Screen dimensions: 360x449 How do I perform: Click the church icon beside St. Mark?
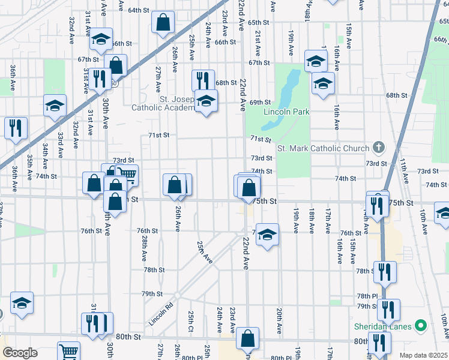(x=378, y=147)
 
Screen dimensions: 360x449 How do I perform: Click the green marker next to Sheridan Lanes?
(x=421, y=326)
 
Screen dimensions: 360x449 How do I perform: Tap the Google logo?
(x=19, y=353)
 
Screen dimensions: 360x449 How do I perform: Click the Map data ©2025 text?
(x=424, y=355)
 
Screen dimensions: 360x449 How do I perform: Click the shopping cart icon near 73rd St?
(x=127, y=176)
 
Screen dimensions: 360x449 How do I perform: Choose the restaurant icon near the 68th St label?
(x=203, y=80)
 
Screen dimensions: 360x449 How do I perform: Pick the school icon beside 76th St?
(x=267, y=235)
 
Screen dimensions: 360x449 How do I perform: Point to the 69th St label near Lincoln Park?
(x=261, y=103)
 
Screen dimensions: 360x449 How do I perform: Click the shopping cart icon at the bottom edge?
(x=69, y=352)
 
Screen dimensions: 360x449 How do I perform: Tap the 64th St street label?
(x=138, y=10)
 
